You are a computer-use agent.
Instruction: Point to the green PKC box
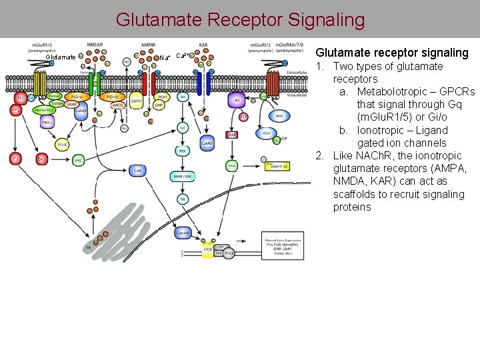(x=79, y=160)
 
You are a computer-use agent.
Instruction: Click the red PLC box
(x=21, y=97)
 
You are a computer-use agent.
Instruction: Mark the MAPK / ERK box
(x=181, y=175)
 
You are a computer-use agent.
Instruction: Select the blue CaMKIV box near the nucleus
(x=181, y=233)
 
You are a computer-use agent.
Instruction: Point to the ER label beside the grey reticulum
(x=88, y=247)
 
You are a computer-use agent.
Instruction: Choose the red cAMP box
(x=232, y=135)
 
